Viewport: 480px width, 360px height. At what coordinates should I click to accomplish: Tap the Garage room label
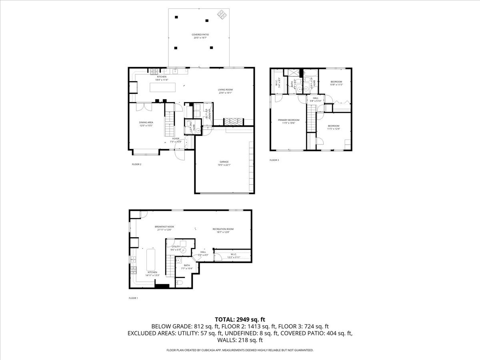click(224, 162)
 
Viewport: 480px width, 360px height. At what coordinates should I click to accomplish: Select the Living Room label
click(225, 90)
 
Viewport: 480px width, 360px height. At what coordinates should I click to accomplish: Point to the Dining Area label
click(146, 122)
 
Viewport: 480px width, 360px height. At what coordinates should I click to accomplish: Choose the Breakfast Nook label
click(164, 227)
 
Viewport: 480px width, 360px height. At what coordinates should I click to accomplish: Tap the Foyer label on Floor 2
click(176, 139)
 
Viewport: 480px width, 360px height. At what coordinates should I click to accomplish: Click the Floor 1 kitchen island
click(151, 259)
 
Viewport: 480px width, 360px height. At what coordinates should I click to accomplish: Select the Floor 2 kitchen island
click(163, 87)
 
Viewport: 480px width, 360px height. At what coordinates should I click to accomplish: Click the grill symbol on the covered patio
click(222, 15)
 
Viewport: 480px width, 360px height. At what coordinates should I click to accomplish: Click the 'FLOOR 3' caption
click(274, 160)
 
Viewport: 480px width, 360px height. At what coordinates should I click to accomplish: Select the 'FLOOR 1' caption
click(133, 298)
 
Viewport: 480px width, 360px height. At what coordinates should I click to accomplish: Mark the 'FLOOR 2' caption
click(136, 164)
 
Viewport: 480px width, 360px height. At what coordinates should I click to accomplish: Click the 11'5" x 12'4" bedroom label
click(333, 127)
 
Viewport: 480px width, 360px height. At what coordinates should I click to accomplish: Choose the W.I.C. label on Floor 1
click(234, 255)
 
